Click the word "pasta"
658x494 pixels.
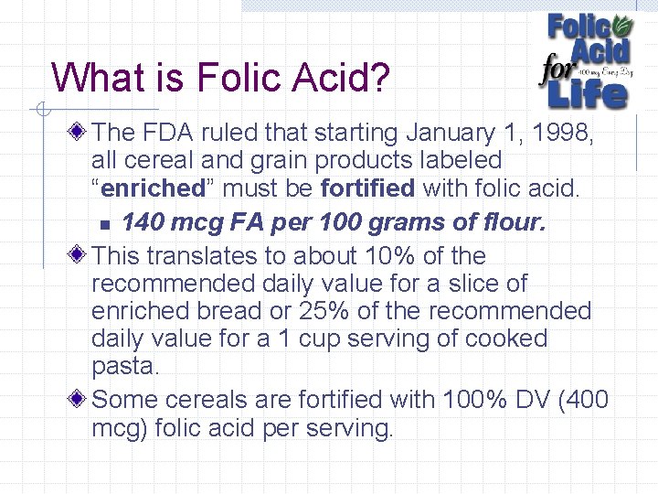point(124,367)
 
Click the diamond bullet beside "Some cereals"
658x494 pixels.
point(81,400)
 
